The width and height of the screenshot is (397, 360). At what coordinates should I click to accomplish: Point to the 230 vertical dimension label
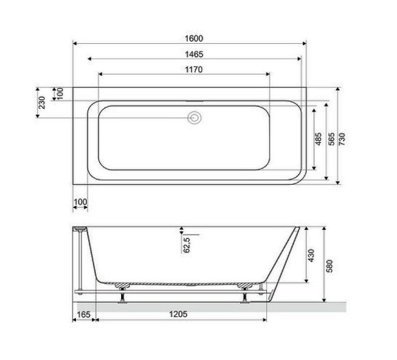tap(42, 103)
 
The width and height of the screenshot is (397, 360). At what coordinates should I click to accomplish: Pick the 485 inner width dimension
tap(318, 140)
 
